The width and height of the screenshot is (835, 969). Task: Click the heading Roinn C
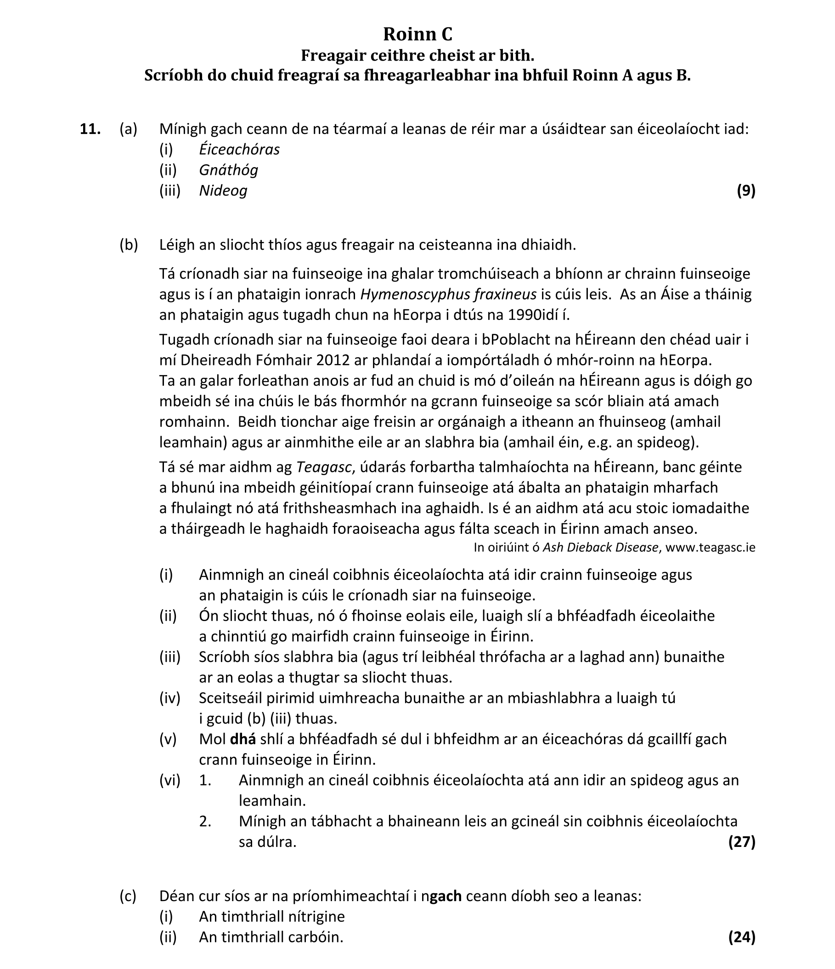coord(417,34)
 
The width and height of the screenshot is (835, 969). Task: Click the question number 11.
coord(90,129)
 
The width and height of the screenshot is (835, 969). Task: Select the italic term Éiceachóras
coord(239,149)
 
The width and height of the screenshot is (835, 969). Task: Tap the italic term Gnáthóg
coord(228,170)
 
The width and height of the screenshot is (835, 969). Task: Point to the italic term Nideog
coord(223,190)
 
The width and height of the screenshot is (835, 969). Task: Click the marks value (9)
coord(745,190)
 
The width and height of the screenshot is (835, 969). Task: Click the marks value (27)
coord(741,842)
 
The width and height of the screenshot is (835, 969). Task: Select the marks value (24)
coord(741,937)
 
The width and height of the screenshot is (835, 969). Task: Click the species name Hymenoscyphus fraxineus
coord(448,294)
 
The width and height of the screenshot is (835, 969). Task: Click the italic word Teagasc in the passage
coord(324,467)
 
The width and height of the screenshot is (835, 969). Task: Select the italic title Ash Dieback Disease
coord(600,547)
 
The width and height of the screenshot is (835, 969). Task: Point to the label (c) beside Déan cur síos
coord(128,896)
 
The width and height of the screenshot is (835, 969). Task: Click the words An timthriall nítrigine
coord(271,916)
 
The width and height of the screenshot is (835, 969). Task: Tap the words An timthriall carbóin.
coord(271,937)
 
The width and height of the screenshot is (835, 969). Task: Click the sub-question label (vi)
coord(169,780)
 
